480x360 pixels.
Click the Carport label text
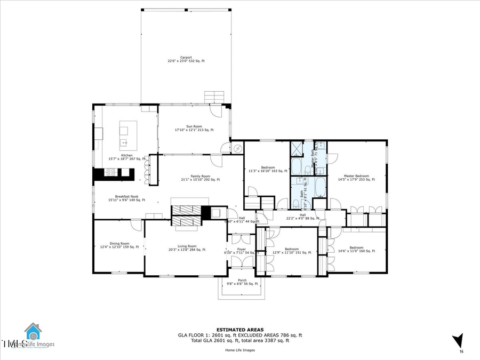pyautogui.click(x=186, y=59)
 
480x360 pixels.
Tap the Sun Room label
pyautogui.click(x=194, y=128)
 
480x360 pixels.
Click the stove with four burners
pyautogui.click(x=112, y=172)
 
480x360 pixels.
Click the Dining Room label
pyautogui.click(x=119, y=245)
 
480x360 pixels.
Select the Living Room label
pyautogui.click(x=187, y=248)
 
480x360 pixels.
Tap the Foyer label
pyautogui.click(x=242, y=251)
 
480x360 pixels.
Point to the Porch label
pyautogui.click(x=242, y=282)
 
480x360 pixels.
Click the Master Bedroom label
pyautogui.click(x=356, y=178)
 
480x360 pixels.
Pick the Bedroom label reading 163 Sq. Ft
pyautogui.click(x=268, y=169)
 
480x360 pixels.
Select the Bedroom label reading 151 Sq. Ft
pyautogui.click(x=291, y=251)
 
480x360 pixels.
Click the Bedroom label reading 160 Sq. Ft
pyautogui.click(x=356, y=249)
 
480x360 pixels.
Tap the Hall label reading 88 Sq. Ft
pyautogui.click(x=302, y=217)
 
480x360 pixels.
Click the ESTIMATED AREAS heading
pyautogui.click(x=239, y=330)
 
